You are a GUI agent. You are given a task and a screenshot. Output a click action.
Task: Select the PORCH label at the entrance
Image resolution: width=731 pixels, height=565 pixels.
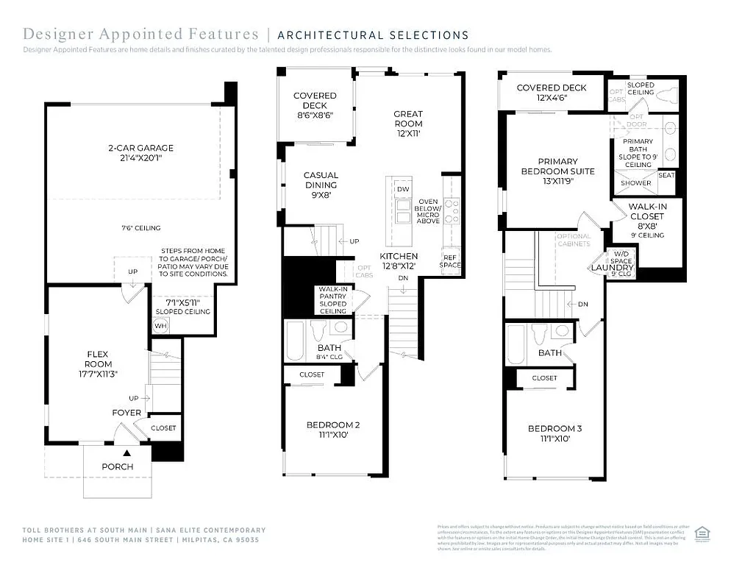[x=117, y=466]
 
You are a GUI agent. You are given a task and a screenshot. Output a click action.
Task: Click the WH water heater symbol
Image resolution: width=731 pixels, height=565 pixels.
[x=160, y=325]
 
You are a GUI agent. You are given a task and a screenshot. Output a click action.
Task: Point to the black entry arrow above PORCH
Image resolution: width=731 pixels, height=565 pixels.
[x=126, y=454]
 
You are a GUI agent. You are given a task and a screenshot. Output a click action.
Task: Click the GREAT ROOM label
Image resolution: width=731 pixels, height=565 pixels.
[x=408, y=118]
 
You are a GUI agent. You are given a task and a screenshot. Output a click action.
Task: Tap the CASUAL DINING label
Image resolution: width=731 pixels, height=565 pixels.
[x=321, y=180]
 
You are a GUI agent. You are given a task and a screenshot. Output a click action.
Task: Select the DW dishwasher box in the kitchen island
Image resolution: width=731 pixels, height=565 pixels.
[x=402, y=190]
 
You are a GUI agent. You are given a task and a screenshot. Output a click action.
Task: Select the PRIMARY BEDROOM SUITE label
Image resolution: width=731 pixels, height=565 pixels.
[x=557, y=166]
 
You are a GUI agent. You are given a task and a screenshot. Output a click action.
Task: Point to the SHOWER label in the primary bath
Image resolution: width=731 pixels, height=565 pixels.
[x=635, y=183]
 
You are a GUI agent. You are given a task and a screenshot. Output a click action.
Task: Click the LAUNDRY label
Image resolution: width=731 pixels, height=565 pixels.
[x=607, y=268]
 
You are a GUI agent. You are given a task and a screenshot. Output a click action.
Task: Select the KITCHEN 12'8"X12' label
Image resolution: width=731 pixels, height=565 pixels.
[x=399, y=260]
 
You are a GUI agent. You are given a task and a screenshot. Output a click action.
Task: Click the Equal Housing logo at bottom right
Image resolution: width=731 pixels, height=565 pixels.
[x=702, y=532]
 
